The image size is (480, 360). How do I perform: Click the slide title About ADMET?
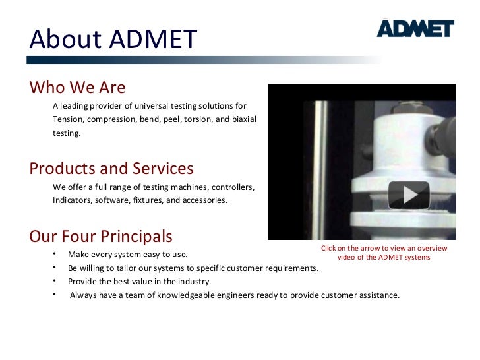point(113,40)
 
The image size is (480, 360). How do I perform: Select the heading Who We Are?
point(77,88)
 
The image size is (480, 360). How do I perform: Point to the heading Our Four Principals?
point(101,236)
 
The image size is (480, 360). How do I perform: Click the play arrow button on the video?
point(409,195)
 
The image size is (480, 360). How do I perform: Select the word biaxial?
point(243,119)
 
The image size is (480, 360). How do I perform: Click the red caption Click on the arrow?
point(383,253)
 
